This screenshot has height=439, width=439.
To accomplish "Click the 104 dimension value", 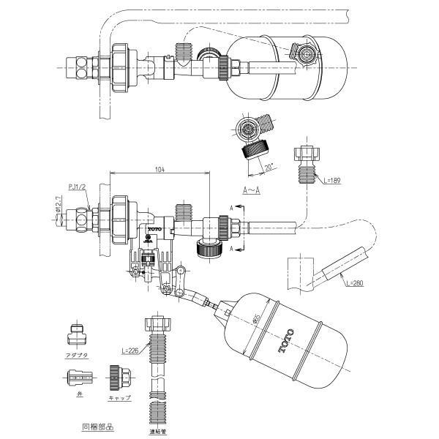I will click(160, 169).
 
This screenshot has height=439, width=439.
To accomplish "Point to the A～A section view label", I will click(252, 189).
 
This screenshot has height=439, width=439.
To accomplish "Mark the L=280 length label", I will click(354, 282).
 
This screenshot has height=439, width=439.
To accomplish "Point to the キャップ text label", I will click(119, 397).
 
